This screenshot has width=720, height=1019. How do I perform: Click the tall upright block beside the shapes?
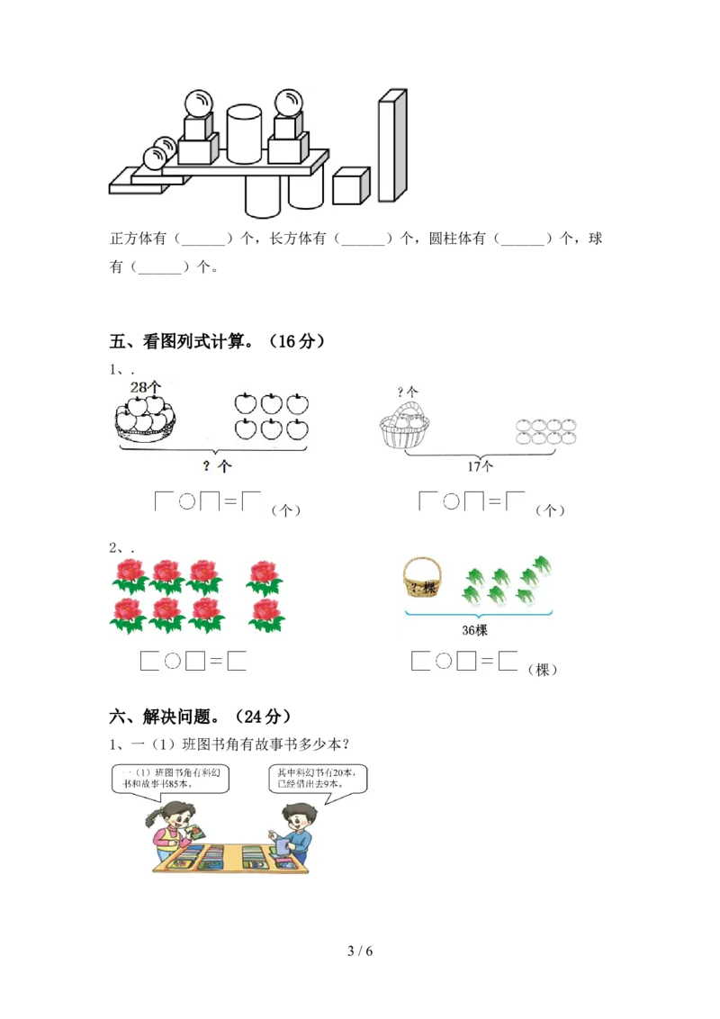tap(392, 146)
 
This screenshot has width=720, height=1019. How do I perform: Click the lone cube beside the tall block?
tap(351, 186)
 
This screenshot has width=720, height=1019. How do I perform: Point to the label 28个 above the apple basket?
tap(145, 387)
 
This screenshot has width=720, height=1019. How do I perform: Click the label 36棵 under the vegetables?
tap(474, 631)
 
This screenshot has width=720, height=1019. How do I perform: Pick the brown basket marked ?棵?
tap(422, 578)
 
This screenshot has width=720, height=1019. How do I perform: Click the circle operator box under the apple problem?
tap(186, 503)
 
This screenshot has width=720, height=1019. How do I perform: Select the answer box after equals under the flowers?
tap(238, 663)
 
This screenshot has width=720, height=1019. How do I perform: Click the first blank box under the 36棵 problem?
tap(420, 662)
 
